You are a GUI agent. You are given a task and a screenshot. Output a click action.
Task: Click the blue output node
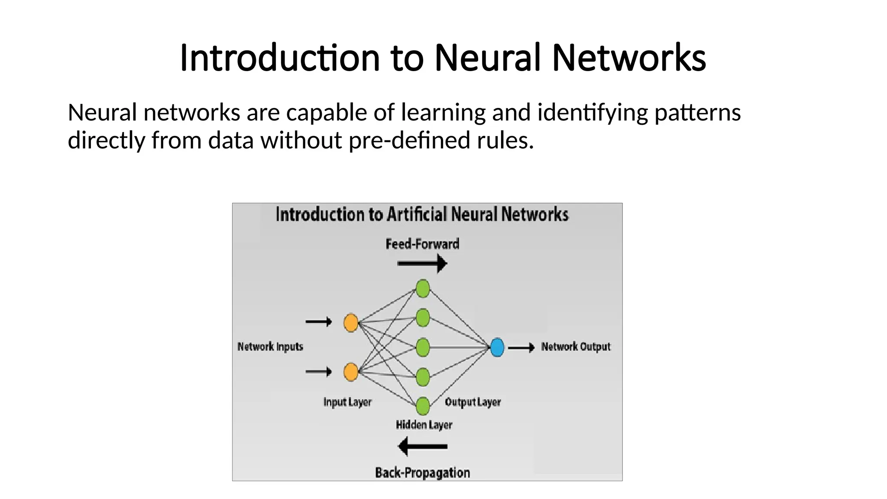[x=497, y=347]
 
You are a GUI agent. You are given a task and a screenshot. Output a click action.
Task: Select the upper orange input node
[x=351, y=323]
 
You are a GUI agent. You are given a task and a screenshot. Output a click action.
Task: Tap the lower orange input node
[x=351, y=372]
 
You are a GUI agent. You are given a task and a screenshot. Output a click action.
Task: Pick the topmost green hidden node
[x=423, y=288]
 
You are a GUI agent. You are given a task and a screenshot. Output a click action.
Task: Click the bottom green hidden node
[x=423, y=406]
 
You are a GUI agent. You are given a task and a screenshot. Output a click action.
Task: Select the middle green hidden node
[x=423, y=347]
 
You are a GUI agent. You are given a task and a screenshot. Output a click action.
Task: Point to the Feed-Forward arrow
[x=422, y=263]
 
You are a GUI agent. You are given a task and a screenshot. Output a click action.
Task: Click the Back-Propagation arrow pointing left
[x=422, y=446]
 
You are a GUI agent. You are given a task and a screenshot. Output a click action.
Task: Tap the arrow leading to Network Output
[x=521, y=347]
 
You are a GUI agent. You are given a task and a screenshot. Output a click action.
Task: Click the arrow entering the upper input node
[x=318, y=322]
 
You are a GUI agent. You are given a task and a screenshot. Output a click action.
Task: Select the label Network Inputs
[x=270, y=347]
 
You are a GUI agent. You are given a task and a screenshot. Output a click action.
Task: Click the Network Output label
[x=576, y=347]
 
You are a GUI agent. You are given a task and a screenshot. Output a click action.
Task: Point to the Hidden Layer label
[x=424, y=425]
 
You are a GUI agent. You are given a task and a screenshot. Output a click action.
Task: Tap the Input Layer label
[x=347, y=402]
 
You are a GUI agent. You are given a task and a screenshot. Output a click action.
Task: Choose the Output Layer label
[x=473, y=402]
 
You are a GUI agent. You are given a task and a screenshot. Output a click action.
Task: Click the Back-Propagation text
[x=422, y=473]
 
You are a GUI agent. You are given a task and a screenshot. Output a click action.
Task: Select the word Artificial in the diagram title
[x=416, y=214]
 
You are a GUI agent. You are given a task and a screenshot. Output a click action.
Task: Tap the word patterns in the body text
[x=697, y=113]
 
